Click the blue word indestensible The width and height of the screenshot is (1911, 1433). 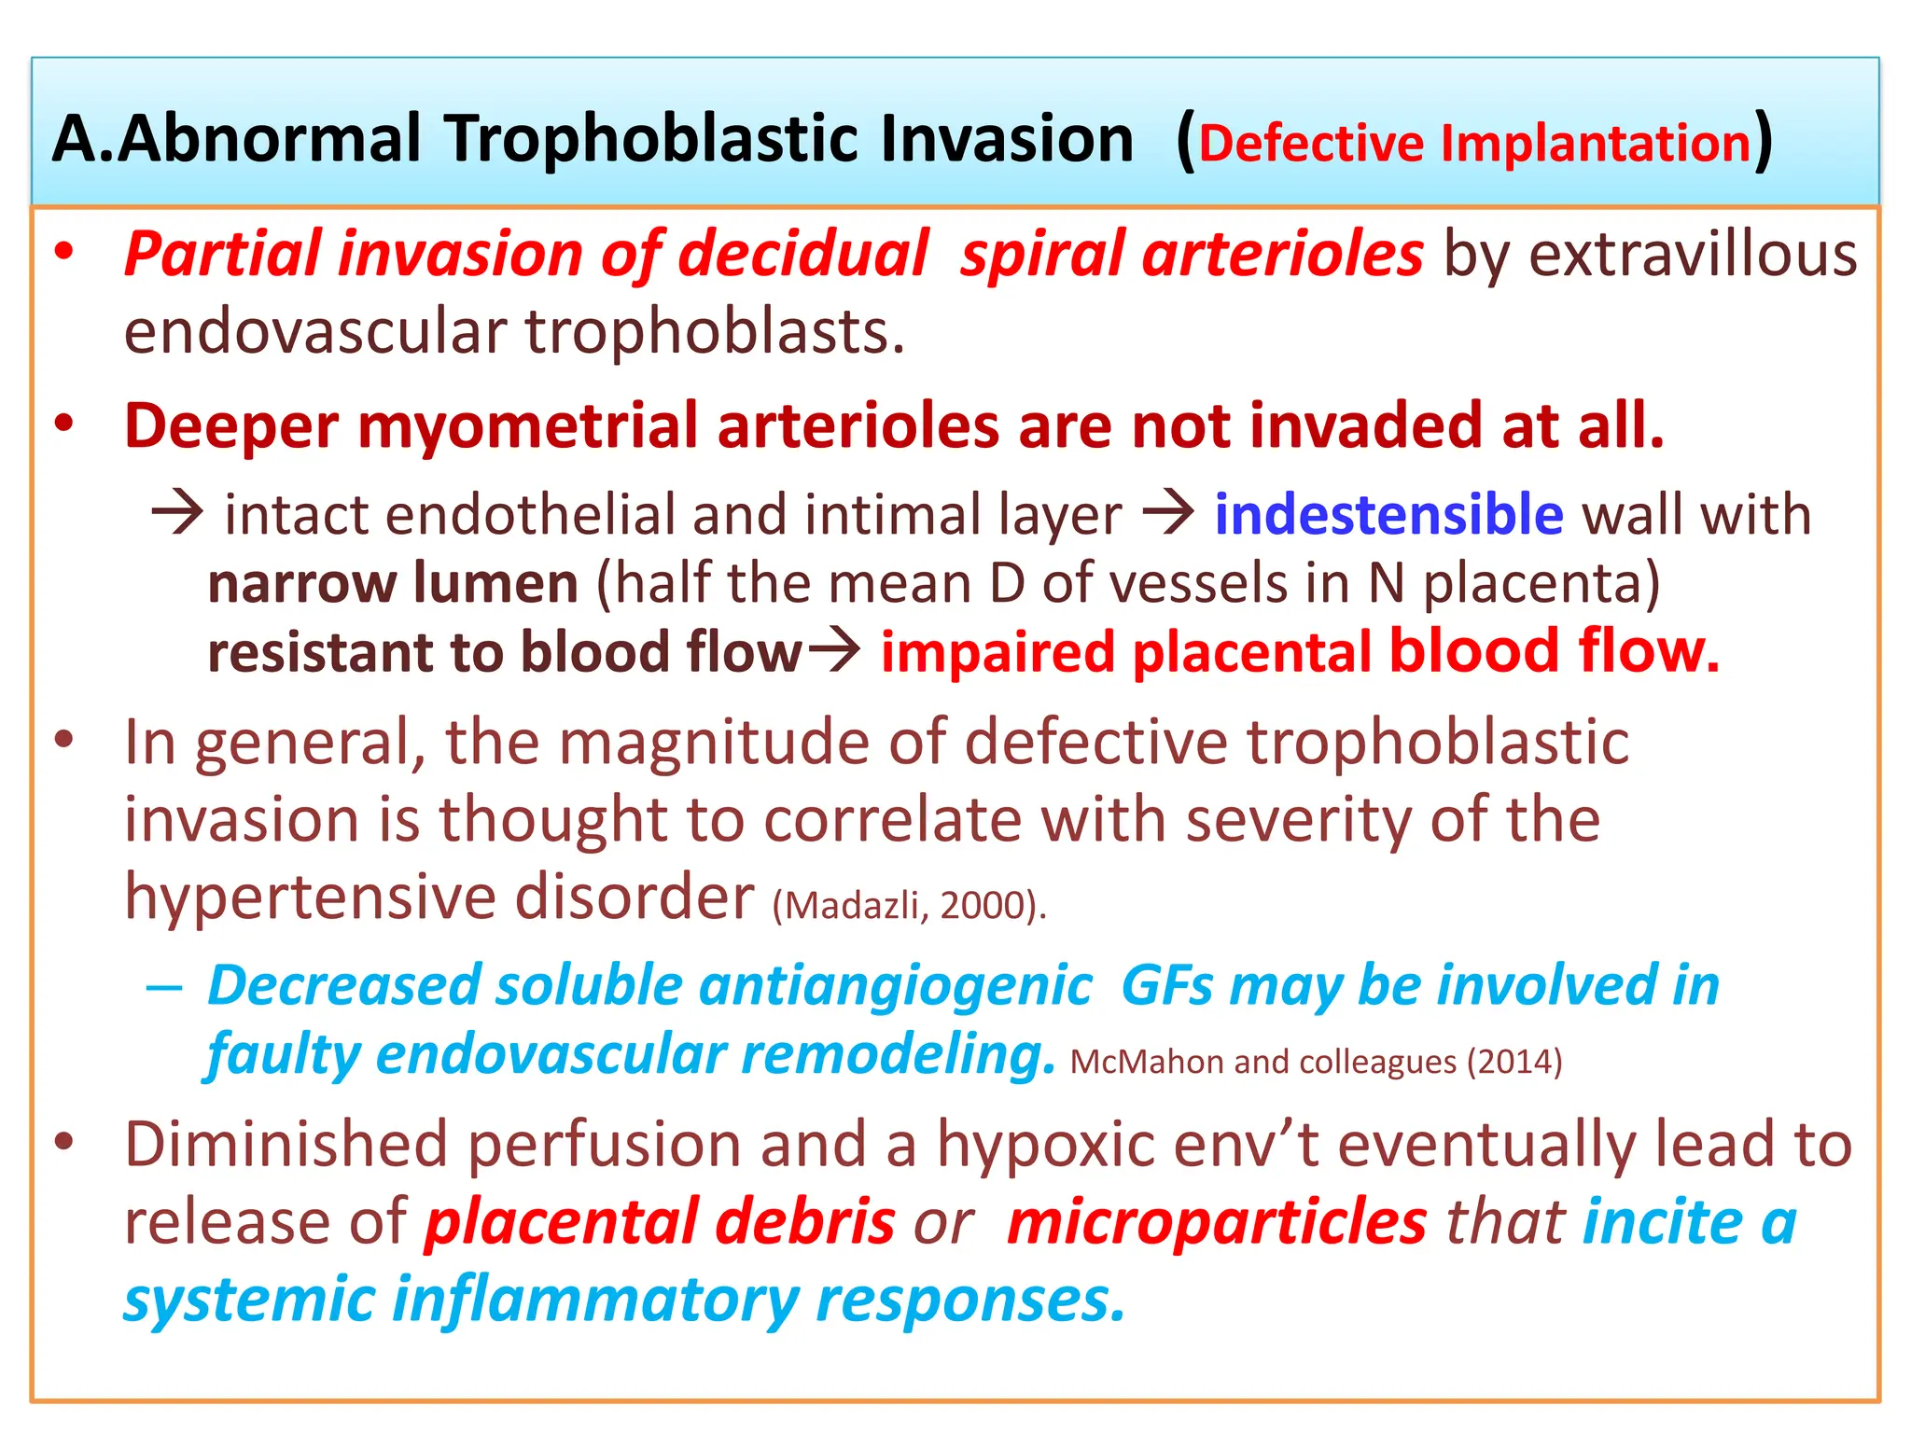click(1388, 515)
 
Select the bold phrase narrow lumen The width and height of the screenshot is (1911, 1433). click(392, 584)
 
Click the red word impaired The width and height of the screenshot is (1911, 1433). click(997, 652)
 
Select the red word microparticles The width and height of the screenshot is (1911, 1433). click(1217, 1222)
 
